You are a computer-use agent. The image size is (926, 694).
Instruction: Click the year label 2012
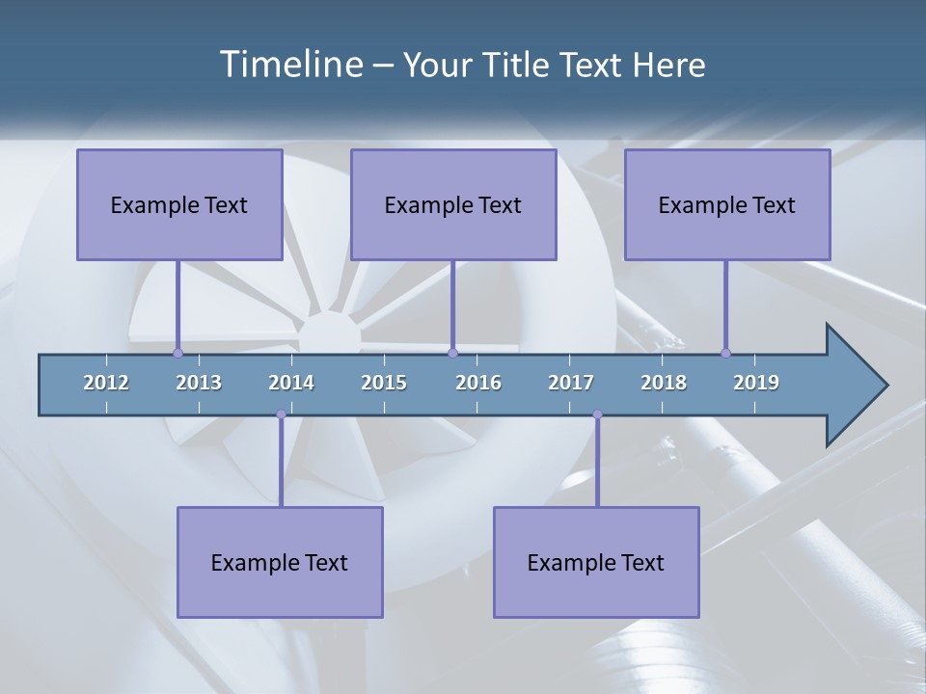(106, 383)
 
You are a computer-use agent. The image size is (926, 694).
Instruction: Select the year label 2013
(199, 383)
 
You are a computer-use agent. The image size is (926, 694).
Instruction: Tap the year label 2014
(291, 383)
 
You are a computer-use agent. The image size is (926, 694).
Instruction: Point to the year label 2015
(384, 383)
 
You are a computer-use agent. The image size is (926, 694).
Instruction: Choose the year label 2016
(478, 383)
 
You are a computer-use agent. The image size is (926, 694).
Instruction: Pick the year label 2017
(571, 383)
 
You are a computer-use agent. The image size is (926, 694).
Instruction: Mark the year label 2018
(664, 383)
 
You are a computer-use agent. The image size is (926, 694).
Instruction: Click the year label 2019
(756, 383)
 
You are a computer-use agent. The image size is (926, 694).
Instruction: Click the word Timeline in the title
(289, 65)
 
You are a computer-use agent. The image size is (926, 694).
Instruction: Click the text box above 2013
(179, 204)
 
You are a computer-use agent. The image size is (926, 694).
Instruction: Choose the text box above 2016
(453, 204)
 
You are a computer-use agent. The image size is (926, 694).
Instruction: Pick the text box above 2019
(727, 204)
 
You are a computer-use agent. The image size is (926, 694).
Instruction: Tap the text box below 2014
(280, 562)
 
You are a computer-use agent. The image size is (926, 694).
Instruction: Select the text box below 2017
(596, 562)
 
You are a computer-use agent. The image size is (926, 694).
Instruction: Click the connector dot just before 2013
(178, 353)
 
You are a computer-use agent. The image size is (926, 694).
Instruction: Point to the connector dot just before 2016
(452, 353)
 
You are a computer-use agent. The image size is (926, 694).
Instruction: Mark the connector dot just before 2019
(726, 353)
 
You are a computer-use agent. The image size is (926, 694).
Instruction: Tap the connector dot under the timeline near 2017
(597, 414)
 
